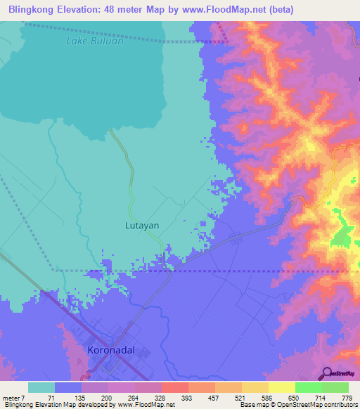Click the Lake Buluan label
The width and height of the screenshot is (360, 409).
(x=95, y=41)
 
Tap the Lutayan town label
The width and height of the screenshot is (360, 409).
(x=142, y=226)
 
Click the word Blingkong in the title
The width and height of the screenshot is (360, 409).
(x=32, y=9)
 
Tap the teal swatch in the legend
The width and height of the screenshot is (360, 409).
(x=41, y=387)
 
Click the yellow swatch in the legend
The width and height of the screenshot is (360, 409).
(x=281, y=387)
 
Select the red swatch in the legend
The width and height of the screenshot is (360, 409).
(x=174, y=387)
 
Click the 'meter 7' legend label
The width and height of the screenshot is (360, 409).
(x=15, y=397)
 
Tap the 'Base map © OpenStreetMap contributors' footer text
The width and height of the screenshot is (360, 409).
(x=297, y=405)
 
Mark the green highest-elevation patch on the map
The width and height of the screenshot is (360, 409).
(x=343, y=235)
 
